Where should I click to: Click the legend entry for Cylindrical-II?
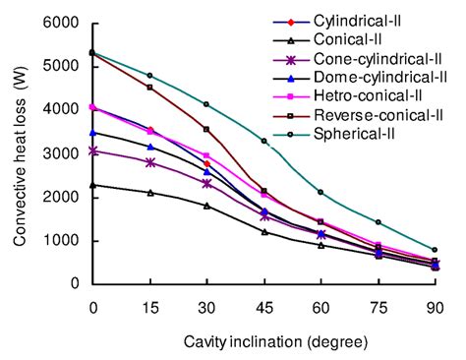click(x=364, y=21)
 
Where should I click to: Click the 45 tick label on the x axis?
click(x=263, y=304)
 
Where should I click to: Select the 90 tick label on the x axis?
click(x=435, y=304)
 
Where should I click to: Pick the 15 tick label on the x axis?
click(x=149, y=304)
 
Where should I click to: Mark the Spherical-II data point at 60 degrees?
click(x=320, y=192)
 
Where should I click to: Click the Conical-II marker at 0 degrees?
click(x=92, y=185)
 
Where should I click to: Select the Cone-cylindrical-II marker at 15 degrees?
click(x=149, y=162)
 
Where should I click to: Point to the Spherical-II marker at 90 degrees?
click(x=435, y=249)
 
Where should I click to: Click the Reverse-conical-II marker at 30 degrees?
click(x=206, y=129)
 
